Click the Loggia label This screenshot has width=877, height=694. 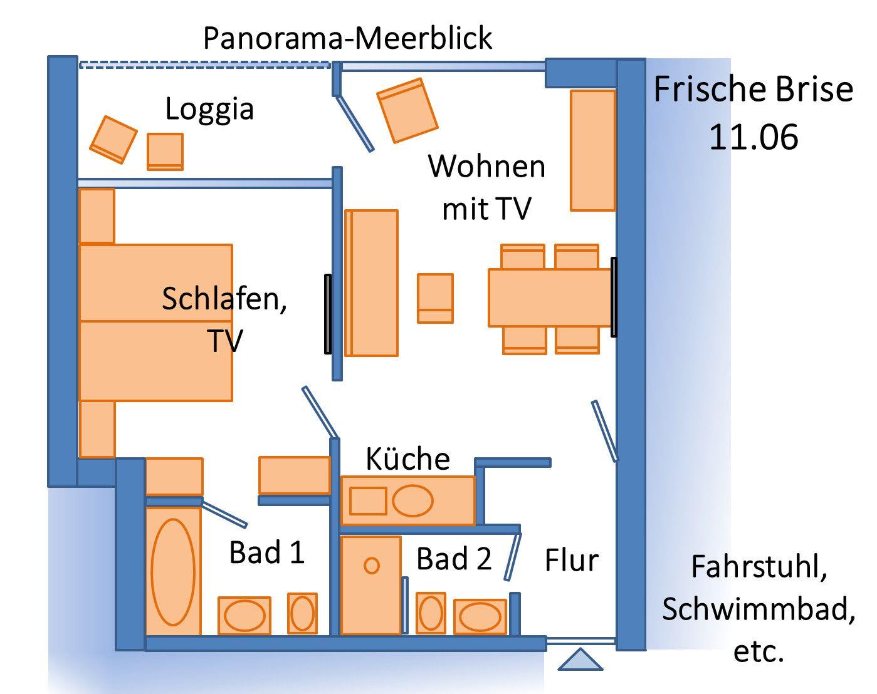(209, 109)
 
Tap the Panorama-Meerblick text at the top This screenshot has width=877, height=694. (348, 39)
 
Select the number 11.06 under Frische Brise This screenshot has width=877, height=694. (754, 137)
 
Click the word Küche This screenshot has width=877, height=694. (407, 459)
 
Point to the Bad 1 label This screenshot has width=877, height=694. (267, 552)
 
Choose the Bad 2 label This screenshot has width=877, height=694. (454, 558)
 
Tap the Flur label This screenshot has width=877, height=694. (571, 560)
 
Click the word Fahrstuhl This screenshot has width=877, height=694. (759, 567)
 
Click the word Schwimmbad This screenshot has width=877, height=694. (759, 609)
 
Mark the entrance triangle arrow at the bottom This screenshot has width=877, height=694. (580, 660)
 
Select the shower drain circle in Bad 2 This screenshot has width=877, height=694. (372, 566)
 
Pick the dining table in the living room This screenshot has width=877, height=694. (549, 298)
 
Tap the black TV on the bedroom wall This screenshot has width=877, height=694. (327, 314)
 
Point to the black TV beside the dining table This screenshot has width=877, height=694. (614, 297)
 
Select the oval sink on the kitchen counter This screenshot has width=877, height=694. (412, 500)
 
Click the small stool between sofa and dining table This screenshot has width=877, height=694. (435, 298)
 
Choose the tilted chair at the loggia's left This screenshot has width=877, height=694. (113, 139)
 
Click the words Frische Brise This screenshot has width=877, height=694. (754, 90)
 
